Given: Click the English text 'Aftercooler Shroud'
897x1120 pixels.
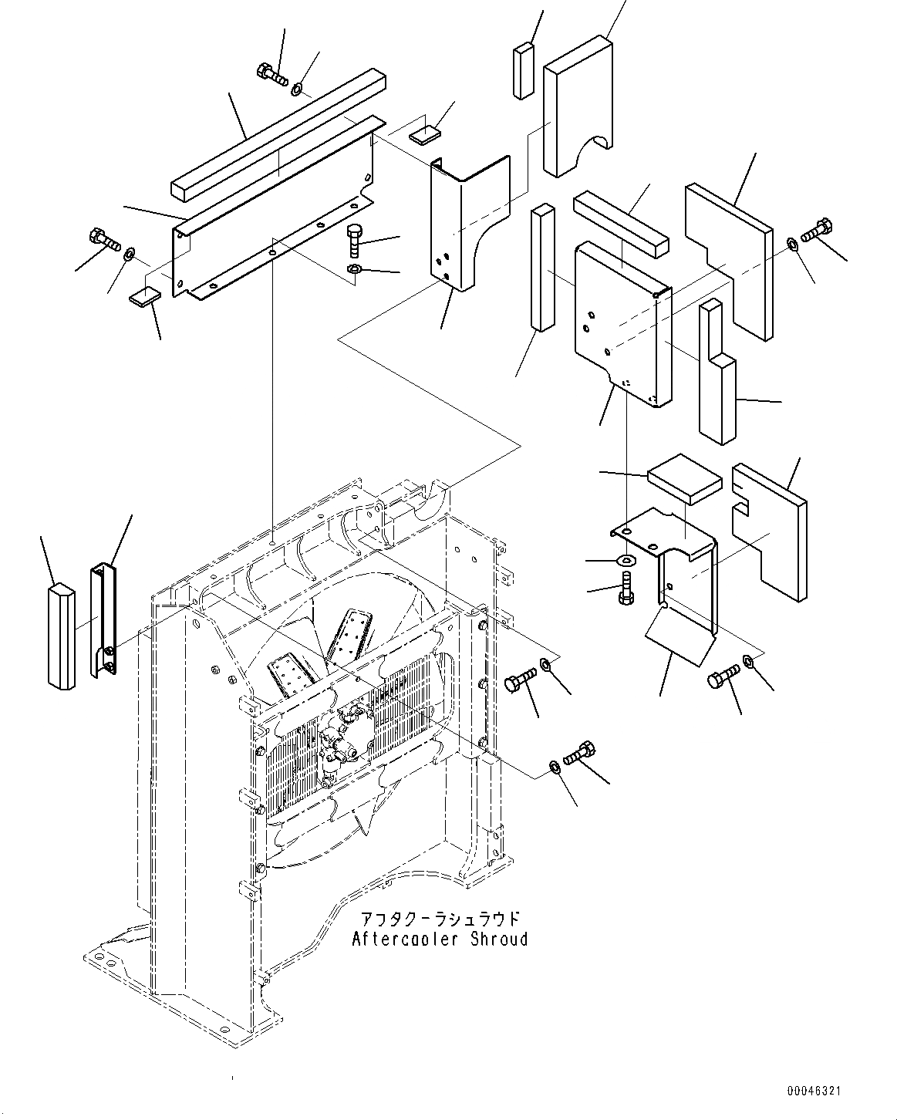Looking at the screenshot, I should coord(440,940).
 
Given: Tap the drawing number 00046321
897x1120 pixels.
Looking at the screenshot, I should coord(814,1092).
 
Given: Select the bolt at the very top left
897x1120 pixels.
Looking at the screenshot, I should coord(270,75).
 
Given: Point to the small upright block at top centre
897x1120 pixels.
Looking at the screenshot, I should coord(523,71).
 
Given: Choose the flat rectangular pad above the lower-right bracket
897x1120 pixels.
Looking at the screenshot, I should coord(684,477).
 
